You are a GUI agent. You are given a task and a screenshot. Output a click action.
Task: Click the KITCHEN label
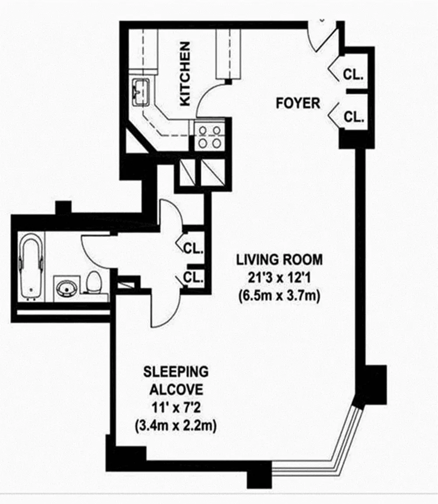(185, 74)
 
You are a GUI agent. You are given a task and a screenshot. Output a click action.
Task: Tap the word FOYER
(298, 103)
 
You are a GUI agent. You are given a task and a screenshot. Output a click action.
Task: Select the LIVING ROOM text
(279, 260)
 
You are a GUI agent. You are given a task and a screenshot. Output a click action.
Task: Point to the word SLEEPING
(176, 371)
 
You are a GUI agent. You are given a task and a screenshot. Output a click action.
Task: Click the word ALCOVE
(177, 389)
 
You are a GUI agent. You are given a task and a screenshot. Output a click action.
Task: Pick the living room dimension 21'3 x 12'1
(279, 277)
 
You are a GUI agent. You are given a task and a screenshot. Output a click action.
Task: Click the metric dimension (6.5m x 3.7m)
(279, 295)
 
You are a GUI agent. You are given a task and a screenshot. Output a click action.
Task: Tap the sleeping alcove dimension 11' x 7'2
(176, 408)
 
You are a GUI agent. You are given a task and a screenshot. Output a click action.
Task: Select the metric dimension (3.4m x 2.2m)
(176, 426)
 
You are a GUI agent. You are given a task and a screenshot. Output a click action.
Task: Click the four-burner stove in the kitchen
(209, 136)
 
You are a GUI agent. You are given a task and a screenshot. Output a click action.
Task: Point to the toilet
(94, 282)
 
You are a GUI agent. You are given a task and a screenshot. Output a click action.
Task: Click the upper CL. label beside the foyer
(353, 75)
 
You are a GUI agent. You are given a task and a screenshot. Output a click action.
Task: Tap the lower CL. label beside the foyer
(353, 117)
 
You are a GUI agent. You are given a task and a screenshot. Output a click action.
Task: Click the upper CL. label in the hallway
(193, 248)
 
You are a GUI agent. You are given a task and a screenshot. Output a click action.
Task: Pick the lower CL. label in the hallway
(193, 277)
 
